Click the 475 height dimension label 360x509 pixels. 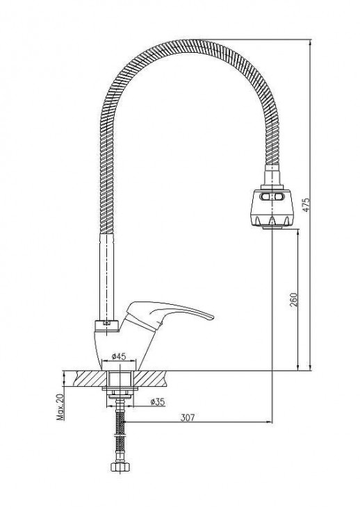[x=306, y=205]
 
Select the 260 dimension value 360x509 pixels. [x=294, y=300]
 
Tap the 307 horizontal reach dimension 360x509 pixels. [x=188, y=417]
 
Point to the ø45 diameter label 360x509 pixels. [x=119, y=356]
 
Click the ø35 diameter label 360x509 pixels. [x=158, y=401]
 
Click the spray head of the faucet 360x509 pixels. [x=272, y=207]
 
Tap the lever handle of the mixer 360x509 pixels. [x=169, y=315]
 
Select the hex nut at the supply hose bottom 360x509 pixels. [x=120, y=467]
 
